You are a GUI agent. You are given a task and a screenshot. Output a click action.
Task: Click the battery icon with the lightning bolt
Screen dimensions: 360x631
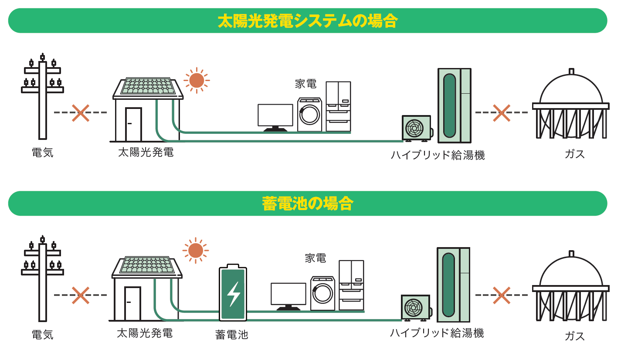point(233,293)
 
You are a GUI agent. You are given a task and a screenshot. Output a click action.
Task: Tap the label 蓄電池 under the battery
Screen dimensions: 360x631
point(231,335)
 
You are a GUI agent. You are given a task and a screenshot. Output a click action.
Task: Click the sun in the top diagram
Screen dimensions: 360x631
point(197,81)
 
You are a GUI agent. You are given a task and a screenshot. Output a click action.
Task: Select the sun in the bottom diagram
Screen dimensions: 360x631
point(196,251)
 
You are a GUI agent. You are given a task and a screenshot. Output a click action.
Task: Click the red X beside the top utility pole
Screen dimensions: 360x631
point(81,113)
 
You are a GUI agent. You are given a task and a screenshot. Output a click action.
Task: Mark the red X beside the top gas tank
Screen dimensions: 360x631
point(501,113)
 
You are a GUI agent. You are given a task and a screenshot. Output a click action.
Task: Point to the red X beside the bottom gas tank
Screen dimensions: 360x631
point(501,295)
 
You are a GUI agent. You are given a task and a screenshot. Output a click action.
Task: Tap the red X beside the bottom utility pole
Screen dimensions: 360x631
point(81,295)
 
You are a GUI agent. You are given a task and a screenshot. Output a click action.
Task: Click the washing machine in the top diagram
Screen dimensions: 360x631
point(309,115)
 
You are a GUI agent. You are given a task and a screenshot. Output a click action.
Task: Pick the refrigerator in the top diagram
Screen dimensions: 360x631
point(338,106)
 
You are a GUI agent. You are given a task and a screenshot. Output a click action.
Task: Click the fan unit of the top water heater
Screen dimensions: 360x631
point(415,128)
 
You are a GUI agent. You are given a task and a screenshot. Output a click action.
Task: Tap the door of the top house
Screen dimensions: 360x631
point(133,125)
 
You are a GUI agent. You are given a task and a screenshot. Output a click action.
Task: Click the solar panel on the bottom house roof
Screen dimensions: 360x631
point(147,265)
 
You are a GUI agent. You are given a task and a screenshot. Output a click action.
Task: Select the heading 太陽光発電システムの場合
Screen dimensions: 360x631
point(308,20)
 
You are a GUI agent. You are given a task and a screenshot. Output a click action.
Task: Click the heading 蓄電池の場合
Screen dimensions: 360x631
point(308,203)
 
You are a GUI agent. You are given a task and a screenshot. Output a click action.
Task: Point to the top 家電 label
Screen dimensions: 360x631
point(305,84)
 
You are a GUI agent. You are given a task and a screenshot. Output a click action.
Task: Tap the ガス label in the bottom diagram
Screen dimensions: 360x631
point(574,336)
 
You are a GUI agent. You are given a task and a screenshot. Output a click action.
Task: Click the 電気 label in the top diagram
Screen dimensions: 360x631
point(42,153)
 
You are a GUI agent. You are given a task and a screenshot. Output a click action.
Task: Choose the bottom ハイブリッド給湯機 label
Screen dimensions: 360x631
point(437,333)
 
